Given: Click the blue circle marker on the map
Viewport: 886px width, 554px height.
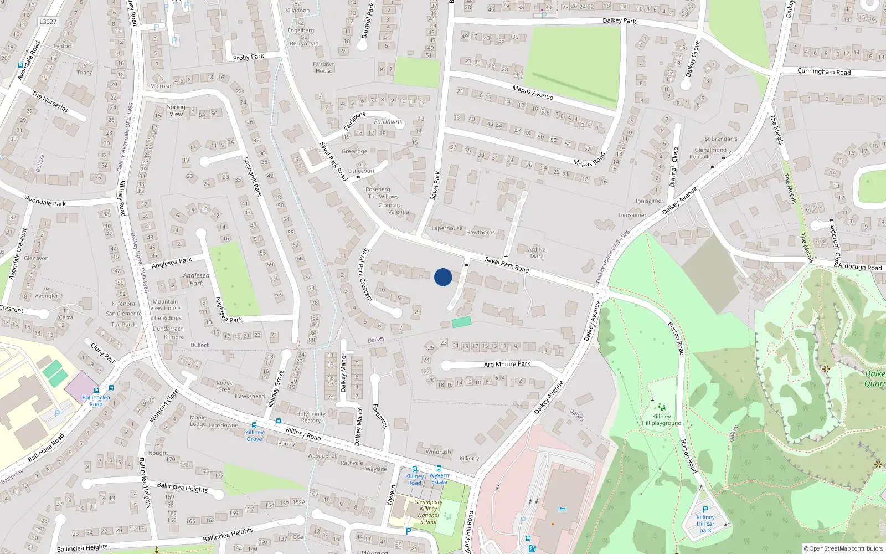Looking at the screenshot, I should pos(443,277).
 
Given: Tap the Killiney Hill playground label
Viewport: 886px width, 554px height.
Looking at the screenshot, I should pos(661,419).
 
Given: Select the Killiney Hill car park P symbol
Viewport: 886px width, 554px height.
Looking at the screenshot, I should pos(705,510).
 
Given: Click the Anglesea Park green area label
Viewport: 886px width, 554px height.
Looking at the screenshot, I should pos(196,279).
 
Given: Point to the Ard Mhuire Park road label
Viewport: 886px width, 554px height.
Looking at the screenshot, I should pos(507,364).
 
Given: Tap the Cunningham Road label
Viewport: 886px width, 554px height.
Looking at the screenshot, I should pos(823,71).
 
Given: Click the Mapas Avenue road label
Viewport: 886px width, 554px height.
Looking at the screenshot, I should pos(532,92).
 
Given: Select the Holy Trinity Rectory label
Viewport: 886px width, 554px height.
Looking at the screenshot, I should pos(311,417).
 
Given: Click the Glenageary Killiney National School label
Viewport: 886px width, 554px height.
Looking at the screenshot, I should pos(429,512).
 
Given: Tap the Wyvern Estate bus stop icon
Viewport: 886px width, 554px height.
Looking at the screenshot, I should pos(439,468).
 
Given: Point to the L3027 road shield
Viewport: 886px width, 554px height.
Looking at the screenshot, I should pos(48,22).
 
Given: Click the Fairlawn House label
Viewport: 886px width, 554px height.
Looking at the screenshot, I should pos(323,68).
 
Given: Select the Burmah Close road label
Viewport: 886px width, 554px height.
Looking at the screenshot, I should pos(673,166).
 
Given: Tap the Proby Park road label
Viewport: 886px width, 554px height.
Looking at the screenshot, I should pos(248,57).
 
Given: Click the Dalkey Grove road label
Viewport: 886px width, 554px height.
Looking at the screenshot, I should pos(692,59).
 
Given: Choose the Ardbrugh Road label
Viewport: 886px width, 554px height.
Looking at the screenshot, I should pos(859,267).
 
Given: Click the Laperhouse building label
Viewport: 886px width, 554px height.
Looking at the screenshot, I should pos(446,228).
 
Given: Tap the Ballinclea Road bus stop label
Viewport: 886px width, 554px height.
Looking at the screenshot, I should pos(96,401).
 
